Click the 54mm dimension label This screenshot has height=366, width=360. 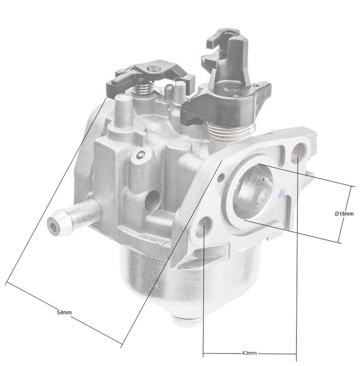pyautogui.click(x=64, y=313)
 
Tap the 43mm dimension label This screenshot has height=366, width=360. pyautogui.click(x=249, y=353)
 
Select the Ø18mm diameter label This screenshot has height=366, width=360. pyautogui.click(x=344, y=214)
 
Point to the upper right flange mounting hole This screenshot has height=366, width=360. pyautogui.click(x=298, y=152)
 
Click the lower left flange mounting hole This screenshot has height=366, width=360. pyautogui.click(x=204, y=227)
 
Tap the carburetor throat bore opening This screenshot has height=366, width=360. pyautogui.click(x=253, y=191)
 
